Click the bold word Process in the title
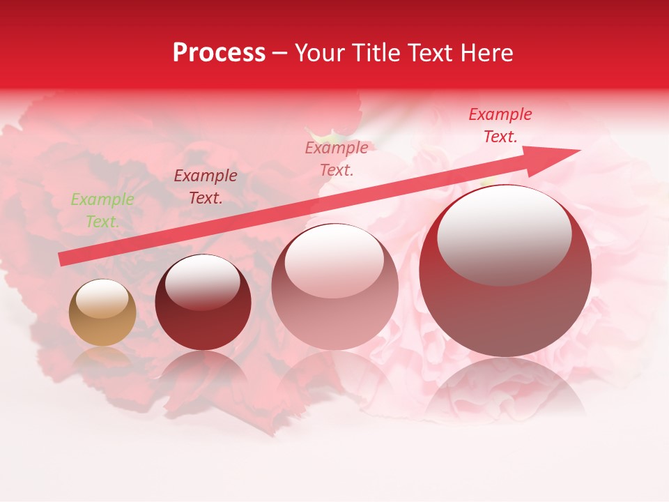pyautogui.click(x=219, y=53)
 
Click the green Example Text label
pyautogui.click(x=102, y=211)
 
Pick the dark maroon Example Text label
pyautogui.click(x=206, y=187)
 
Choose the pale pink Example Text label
pyautogui.click(x=337, y=159)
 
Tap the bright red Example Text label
pyautogui.click(x=500, y=125)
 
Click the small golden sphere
pyautogui.click(x=102, y=313)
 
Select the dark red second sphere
pyautogui.click(x=203, y=303)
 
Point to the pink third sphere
pyautogui.click(x=334, y=287)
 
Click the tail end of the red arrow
pyautogui.click(x=63, y=259)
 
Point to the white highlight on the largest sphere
pyautogui.click(x=504, y=234)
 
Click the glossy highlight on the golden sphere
pyautogui.click(x=102, y=298)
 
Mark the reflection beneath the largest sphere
pyautogui.click(x=505, y=390)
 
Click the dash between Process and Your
pyautogui.click(x=280, y=53)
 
